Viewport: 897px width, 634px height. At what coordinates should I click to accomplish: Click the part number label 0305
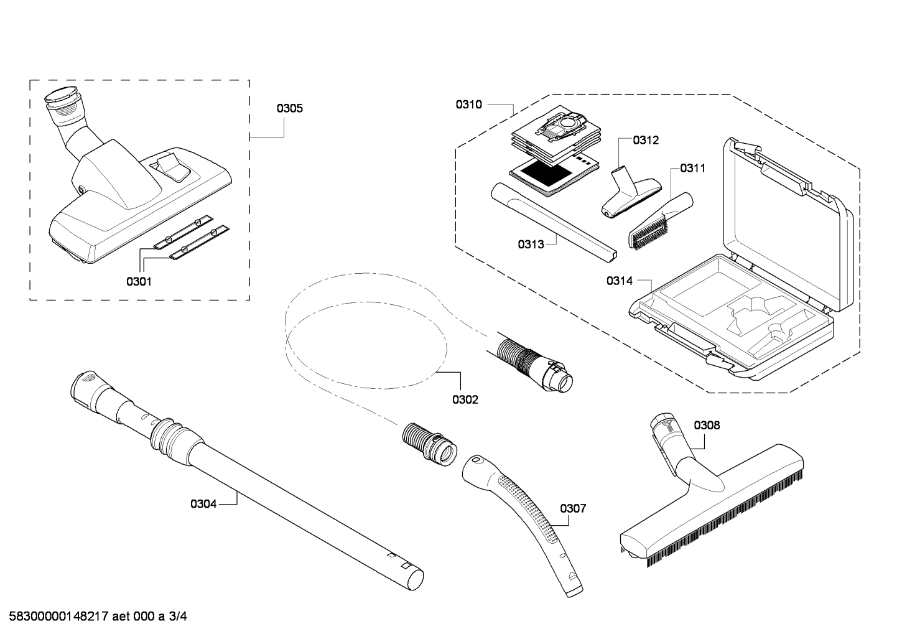[x=289, y=108]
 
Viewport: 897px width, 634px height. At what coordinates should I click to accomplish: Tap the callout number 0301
[x=139, y=282]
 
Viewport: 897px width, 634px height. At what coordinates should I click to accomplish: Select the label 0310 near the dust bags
[x=468, y=105]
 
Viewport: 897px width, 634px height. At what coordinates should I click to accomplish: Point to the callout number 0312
[x=646, y=140]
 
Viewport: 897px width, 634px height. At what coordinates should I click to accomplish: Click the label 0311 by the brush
[x=693, y=168]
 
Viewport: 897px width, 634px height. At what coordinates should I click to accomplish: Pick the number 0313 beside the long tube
[x=531, y=245]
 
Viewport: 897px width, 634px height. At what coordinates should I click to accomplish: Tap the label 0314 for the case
[x=620, y=281]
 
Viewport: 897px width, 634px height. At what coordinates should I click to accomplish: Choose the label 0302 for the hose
[x=465, y=399]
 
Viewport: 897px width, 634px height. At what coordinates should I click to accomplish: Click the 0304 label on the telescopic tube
[x=203, y=504]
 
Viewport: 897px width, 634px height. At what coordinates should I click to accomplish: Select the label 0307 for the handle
[x=573, y=509]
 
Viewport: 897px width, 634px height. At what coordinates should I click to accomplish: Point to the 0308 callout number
[x=707, y=426]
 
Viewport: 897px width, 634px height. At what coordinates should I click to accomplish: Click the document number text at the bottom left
[x=98, y=617]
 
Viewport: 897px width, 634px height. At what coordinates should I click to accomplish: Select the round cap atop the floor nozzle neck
[x=60, y=95]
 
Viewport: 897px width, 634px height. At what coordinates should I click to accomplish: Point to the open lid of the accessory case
[x=787, y=223]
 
